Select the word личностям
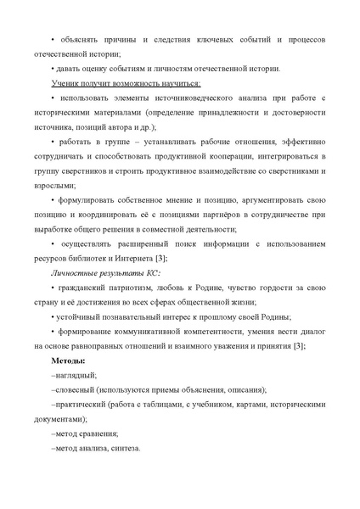pos(155,69)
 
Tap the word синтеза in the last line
pos(124,447)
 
